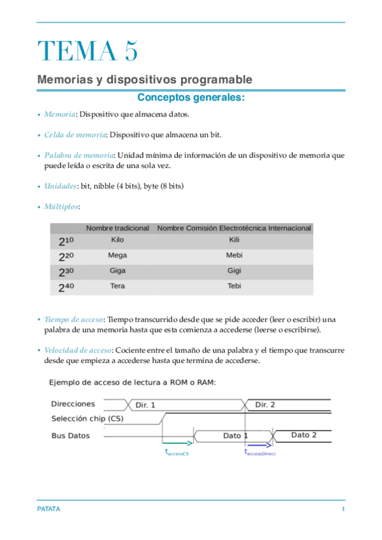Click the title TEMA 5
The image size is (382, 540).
(87, 51)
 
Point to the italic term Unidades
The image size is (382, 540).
(60, 186)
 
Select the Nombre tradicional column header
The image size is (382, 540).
(117, 228)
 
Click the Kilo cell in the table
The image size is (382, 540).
(117, 240)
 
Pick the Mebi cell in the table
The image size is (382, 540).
(234, 255)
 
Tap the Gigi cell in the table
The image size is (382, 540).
(234, 271)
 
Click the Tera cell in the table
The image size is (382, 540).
(117, 286)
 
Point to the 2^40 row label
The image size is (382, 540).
(66, 287)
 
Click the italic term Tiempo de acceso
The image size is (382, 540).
(73, 319)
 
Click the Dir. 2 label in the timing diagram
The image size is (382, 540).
(265, 404)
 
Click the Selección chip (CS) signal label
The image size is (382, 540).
(87, 419)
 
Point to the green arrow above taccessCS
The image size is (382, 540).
(178, 443)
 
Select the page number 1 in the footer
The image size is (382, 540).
(343, 510)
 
